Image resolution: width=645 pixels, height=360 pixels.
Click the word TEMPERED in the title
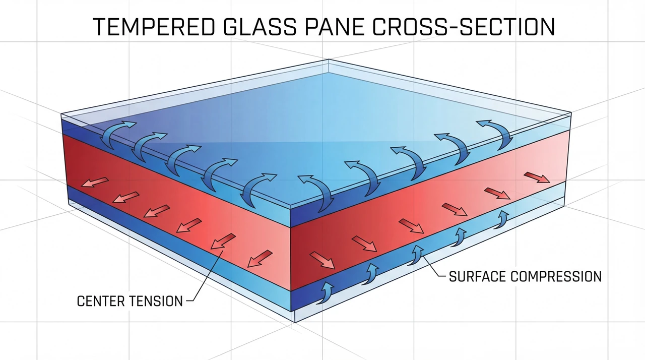tap(154, 27)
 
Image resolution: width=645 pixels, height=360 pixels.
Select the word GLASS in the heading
tap(260, 27)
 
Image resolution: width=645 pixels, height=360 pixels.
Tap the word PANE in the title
tap(335, 27)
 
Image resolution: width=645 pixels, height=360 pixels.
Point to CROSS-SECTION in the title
tap(464, 27)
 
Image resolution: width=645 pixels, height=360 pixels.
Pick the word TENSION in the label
tap(156, 301)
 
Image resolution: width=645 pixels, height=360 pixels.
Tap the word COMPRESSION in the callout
tap(556, 276)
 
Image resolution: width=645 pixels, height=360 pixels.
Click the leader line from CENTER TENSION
tap(206, 276)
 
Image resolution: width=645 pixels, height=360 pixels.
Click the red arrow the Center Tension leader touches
tap(223, 241)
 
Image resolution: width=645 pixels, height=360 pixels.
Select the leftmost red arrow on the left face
tap(95, 182)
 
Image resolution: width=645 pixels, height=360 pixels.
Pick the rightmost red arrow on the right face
tap(537, 177)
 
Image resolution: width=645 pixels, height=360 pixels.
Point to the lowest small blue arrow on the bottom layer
tap(326, 292)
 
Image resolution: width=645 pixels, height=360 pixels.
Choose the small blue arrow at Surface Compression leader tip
tap(416, 255)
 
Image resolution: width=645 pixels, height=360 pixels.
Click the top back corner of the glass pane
tap(329, 59)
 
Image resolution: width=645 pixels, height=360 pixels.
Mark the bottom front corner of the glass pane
tap(295, 322)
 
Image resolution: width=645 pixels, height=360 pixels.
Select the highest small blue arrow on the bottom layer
tap(501, 219)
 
